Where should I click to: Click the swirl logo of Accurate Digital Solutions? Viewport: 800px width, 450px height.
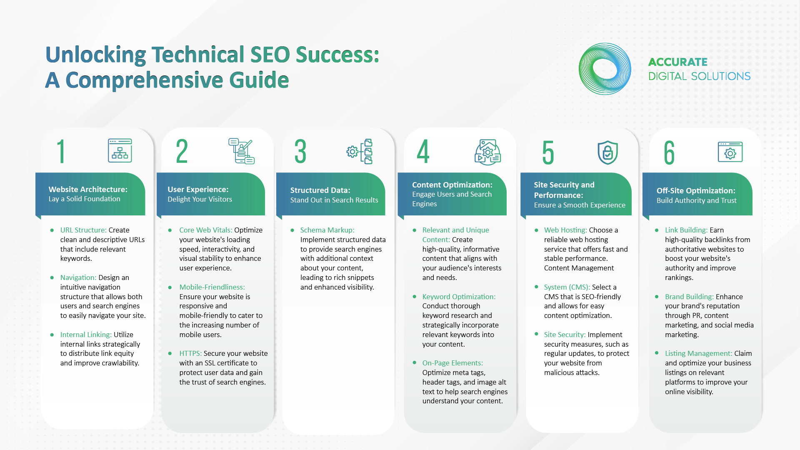tap(605, 69)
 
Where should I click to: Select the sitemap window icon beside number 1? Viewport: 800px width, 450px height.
tap(120, 150)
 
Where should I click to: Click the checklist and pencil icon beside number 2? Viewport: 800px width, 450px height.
tap(241, 151)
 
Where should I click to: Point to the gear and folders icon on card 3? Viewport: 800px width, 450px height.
tap(360, 152)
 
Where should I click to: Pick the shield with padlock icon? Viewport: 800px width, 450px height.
tap(607, 152)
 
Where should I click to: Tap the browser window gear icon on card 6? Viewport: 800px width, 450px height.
tap(730, 152)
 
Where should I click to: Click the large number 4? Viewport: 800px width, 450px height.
tap(423, 152)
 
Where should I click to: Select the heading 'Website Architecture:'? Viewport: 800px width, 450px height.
tap(88, 189)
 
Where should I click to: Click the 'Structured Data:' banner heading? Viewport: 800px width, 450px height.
tap(320, 190)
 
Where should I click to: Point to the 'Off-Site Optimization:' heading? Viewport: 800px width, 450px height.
tap(696, 190)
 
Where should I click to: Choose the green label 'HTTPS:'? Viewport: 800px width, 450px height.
tap(190, 353)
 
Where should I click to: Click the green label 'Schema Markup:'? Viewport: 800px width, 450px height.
tap(327, 230)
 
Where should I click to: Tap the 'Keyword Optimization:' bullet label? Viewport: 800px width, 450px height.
tap(459, 297)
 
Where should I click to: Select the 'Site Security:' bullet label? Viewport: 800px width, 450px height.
tap(565, 335)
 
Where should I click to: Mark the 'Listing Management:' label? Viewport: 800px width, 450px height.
tap(698, 353)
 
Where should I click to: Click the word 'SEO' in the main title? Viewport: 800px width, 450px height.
tap(270, 55)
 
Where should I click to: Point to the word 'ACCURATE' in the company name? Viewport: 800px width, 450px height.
tap(678, 62)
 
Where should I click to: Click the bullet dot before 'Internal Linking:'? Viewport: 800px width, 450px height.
tap(52, 335)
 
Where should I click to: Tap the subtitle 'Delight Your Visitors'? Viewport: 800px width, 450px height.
tap(200, 199)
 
